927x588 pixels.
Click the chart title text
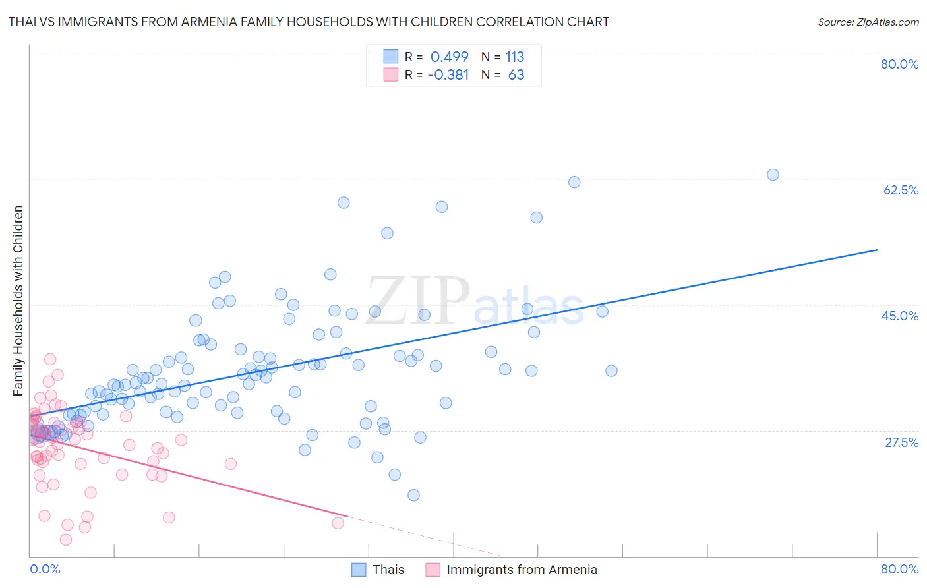(x=309, y=22)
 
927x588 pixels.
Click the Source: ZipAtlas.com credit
(x=868, y=22)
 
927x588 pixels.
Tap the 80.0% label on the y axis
(x=899, y=64)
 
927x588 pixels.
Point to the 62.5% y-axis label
(x=901, y=190)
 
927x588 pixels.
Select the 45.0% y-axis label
(x=900, y=316)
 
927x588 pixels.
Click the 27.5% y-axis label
(x=901, y=442)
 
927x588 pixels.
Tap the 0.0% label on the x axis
(x=45, y=569)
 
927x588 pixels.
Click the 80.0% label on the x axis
(x=899, y=569)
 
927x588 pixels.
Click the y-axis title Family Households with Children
(x=18, y=301)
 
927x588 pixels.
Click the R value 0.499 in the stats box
(x=449, y=57)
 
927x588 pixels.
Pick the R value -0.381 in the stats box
(x=448, y=75)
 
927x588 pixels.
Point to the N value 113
(x=515, y=57)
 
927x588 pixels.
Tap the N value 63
(x=516, y=75)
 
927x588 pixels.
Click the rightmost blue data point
(x=773, y=175)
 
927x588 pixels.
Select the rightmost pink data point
(x=338, y=523)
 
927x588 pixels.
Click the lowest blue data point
(x=413, y=495)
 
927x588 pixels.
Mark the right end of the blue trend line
(x=877, y=250)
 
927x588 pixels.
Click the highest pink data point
(x=50, y=359)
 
